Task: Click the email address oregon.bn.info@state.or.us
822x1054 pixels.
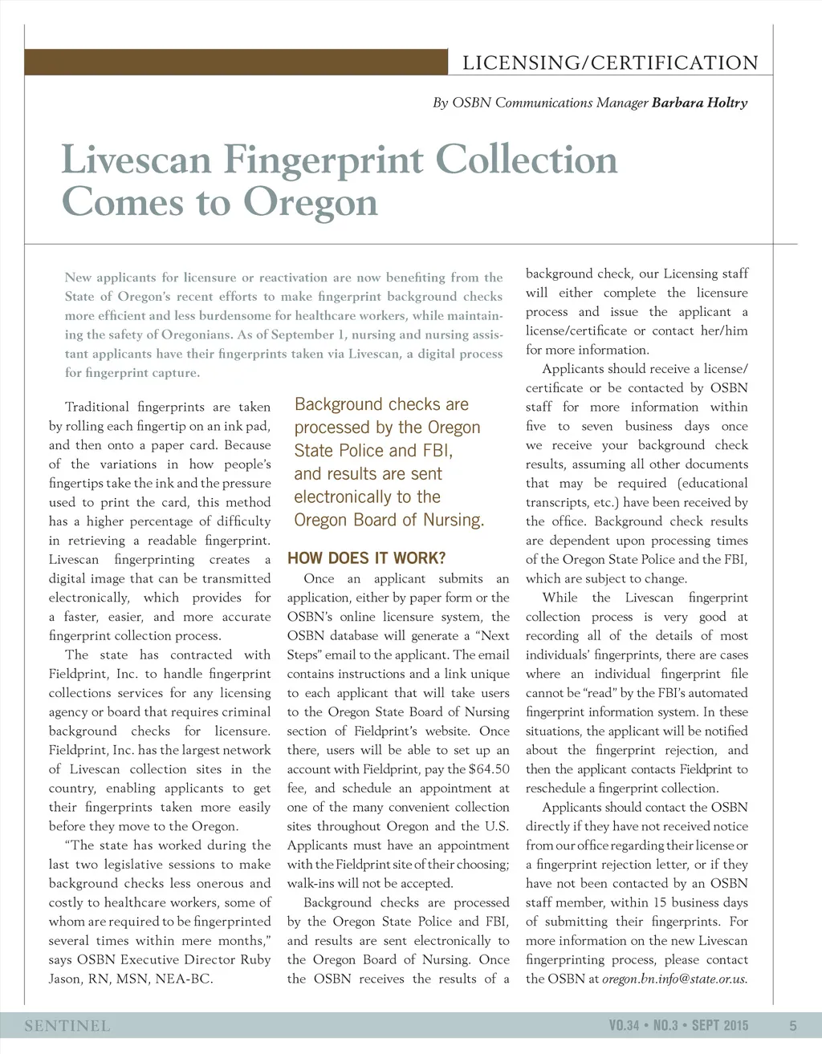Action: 674,979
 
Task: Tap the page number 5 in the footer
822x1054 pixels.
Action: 793,1025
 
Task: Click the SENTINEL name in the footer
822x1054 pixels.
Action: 67,1026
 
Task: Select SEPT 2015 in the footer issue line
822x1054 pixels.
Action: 719,1025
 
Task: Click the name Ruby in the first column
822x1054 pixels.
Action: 255,960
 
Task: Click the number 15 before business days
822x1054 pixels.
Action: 681,903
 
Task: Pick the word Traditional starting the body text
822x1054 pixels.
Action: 96,407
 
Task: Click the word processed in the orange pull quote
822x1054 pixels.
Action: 328,428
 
